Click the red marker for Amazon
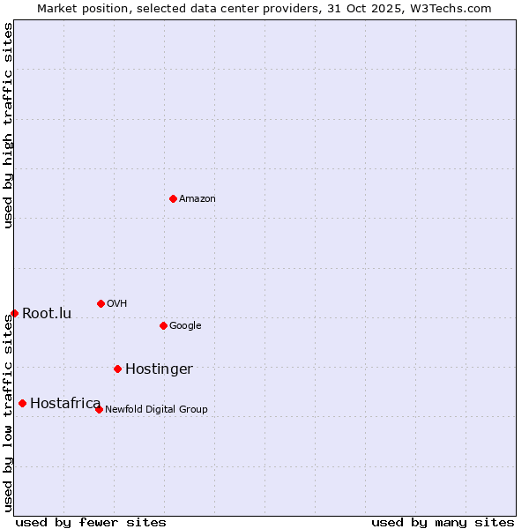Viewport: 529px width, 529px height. [173, 198]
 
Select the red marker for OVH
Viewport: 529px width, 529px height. [101, 303]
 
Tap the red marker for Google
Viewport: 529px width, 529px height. [163, 325]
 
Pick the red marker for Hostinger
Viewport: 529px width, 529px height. [117, 369]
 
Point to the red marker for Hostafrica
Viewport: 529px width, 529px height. [22, 403]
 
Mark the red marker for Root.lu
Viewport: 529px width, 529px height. [14, 313]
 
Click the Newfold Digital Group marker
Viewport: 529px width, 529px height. [99, 409]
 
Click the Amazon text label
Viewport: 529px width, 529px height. [197, 199]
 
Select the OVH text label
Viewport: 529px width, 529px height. [117, 304]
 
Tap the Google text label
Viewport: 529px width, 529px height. [185, 326]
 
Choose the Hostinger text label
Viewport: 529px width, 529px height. [159, 369]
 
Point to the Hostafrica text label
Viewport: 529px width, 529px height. [65, 404]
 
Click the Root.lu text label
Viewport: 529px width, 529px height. [47, 314]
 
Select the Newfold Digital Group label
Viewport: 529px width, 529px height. [156, 410]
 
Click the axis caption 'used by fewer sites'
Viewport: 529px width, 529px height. [91, 522]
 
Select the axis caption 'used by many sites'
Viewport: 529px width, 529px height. [443, 522]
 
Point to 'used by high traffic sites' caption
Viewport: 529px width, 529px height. [8, 125]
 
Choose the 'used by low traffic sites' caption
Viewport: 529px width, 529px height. [8, 413]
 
